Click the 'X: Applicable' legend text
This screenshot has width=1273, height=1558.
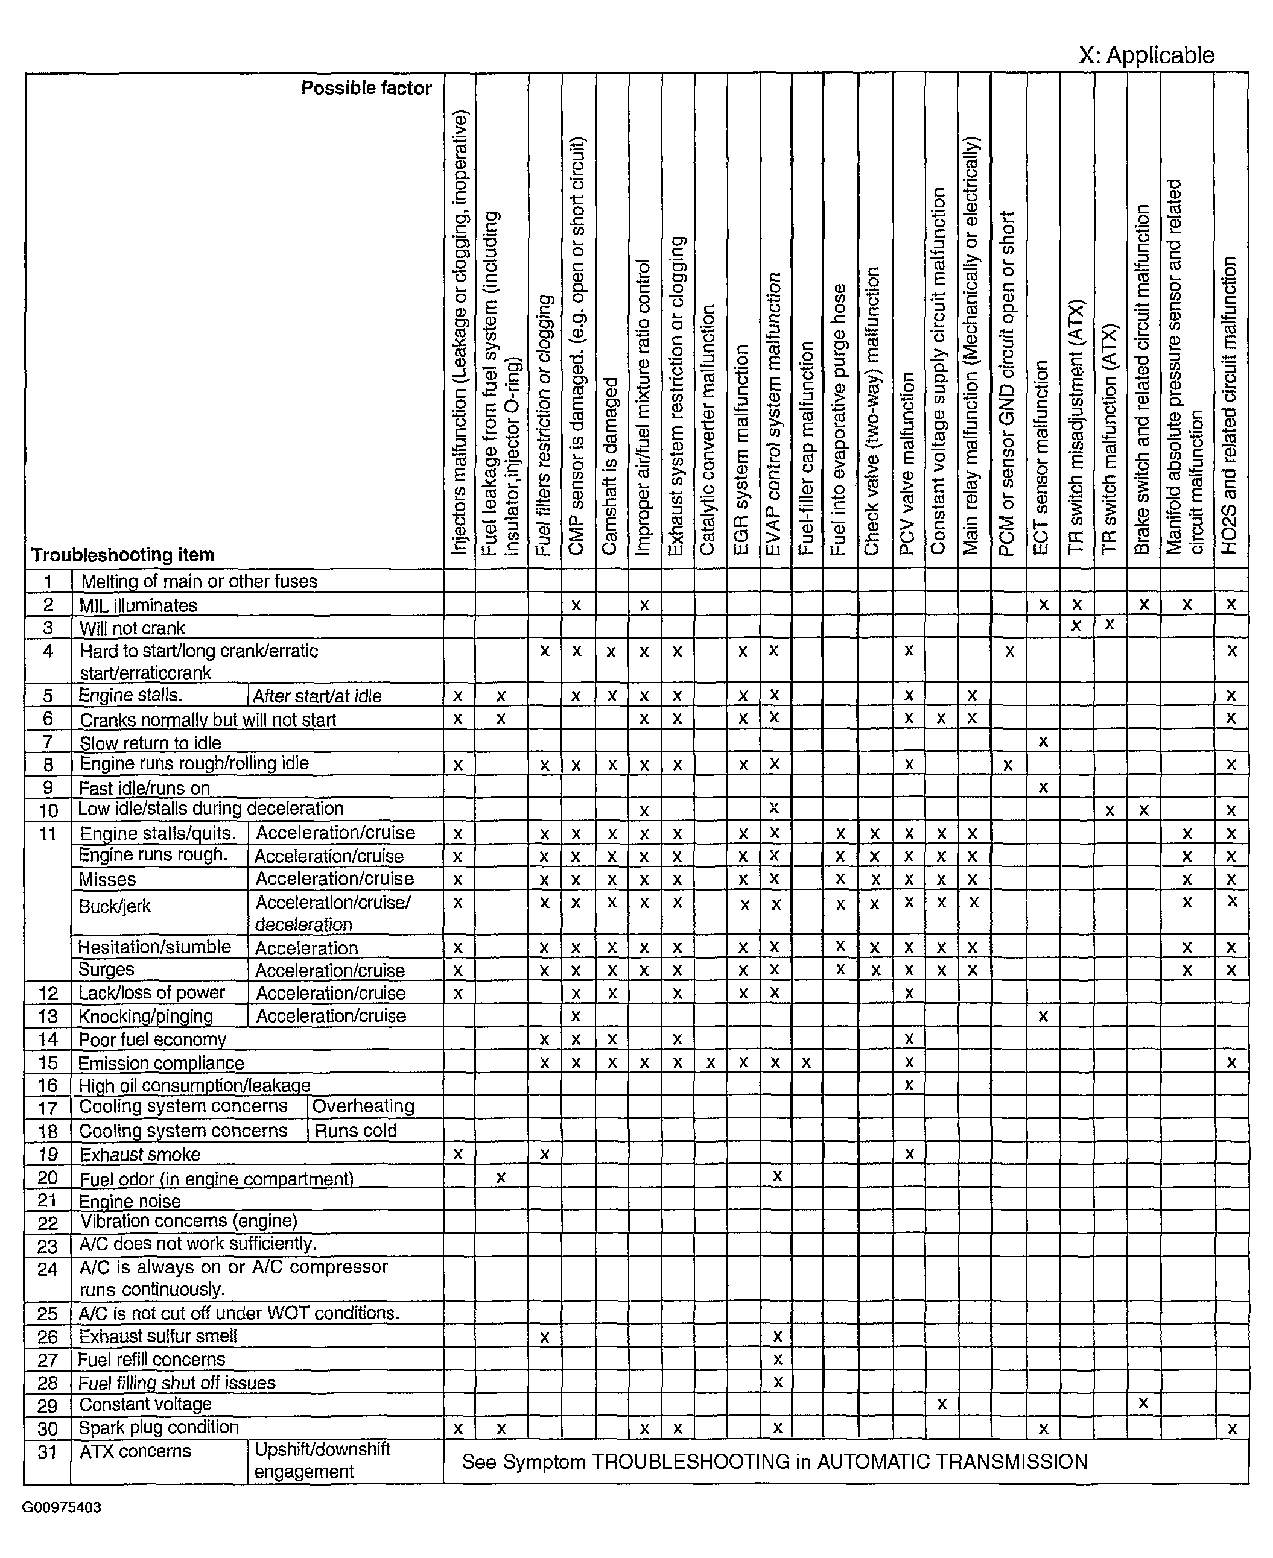(x=1146, y=55)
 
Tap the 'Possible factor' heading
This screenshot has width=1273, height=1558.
(x=366, y=89)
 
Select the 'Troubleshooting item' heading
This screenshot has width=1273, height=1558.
(x=122, y=555)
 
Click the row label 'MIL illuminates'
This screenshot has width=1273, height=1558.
(x=138, y=605)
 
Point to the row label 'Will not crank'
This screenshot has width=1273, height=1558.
(x=132, y=628)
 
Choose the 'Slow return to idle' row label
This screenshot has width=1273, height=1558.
(x=150, y=743)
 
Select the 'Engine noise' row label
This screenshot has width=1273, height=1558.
(x=129, y=1201)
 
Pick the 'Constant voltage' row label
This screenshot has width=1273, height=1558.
(x=145, y=1404)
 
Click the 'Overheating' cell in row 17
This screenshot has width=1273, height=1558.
(x=363, y=1106)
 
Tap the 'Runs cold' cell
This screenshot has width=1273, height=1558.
(x=355, y=1131)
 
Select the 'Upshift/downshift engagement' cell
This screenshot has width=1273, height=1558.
(x=322, y=1460)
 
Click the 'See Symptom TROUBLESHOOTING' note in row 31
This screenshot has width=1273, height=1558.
(x=773, y=1462)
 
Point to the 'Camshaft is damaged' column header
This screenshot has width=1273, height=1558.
(x=611, y=466)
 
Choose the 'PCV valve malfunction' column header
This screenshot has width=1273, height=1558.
(x=908, y=463)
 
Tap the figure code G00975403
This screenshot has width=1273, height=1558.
(x=62, y=1507)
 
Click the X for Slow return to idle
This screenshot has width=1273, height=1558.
(x=1043, y=742)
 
